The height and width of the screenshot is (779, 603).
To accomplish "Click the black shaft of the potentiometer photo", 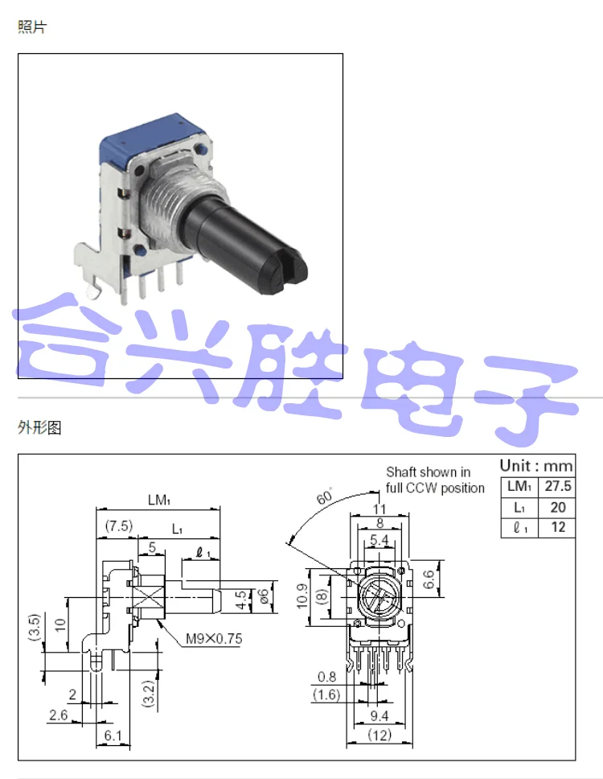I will coord(249,241).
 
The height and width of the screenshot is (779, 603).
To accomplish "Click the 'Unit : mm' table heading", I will coord(537,465).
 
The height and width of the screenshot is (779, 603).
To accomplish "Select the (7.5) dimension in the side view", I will coord(118,526).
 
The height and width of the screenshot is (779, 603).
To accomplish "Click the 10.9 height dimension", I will coord(302,597).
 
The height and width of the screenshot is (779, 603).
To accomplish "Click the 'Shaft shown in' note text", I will coord(429,472).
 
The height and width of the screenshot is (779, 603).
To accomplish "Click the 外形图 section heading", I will coord(39,428).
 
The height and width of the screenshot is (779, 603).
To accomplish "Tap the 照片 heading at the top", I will coord(33,27).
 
